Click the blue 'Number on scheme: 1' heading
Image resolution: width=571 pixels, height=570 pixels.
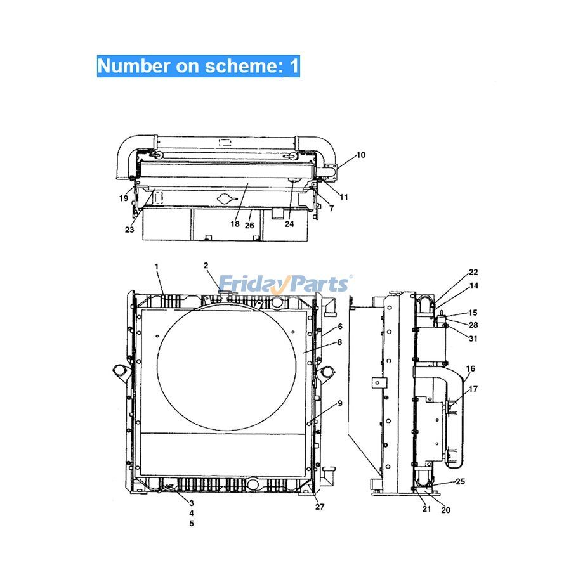[x=198, y=67]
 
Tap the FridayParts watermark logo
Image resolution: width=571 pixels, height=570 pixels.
[x=284, y=283]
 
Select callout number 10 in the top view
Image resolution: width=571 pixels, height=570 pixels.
[x=360, y=155]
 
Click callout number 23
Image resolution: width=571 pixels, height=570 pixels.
[x=129, y=230]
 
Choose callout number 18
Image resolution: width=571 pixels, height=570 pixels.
[x=235, y=224]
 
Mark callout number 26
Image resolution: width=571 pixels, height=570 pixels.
[x=249, y=225]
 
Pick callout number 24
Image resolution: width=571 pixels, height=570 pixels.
[x=289, y=224]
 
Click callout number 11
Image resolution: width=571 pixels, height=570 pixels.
[x=343, y=197]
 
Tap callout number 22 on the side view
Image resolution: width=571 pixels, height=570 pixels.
[x=473, y=272]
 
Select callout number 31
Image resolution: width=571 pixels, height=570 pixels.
[x=473, y=339]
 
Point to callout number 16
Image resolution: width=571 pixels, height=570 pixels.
[x=470, y=368]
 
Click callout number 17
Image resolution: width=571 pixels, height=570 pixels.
[x=473, y=389]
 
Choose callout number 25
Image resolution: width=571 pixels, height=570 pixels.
[x=460, y=481]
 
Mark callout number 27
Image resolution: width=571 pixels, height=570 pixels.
[x=318, y=507]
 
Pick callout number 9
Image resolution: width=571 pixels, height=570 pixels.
[x=340, y=403]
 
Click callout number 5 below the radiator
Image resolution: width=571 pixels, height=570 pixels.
[x=191, y=524]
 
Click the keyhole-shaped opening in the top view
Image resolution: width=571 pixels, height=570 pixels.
[x=225, y=199]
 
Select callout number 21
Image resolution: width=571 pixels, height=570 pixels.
[x=426, y=509]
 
